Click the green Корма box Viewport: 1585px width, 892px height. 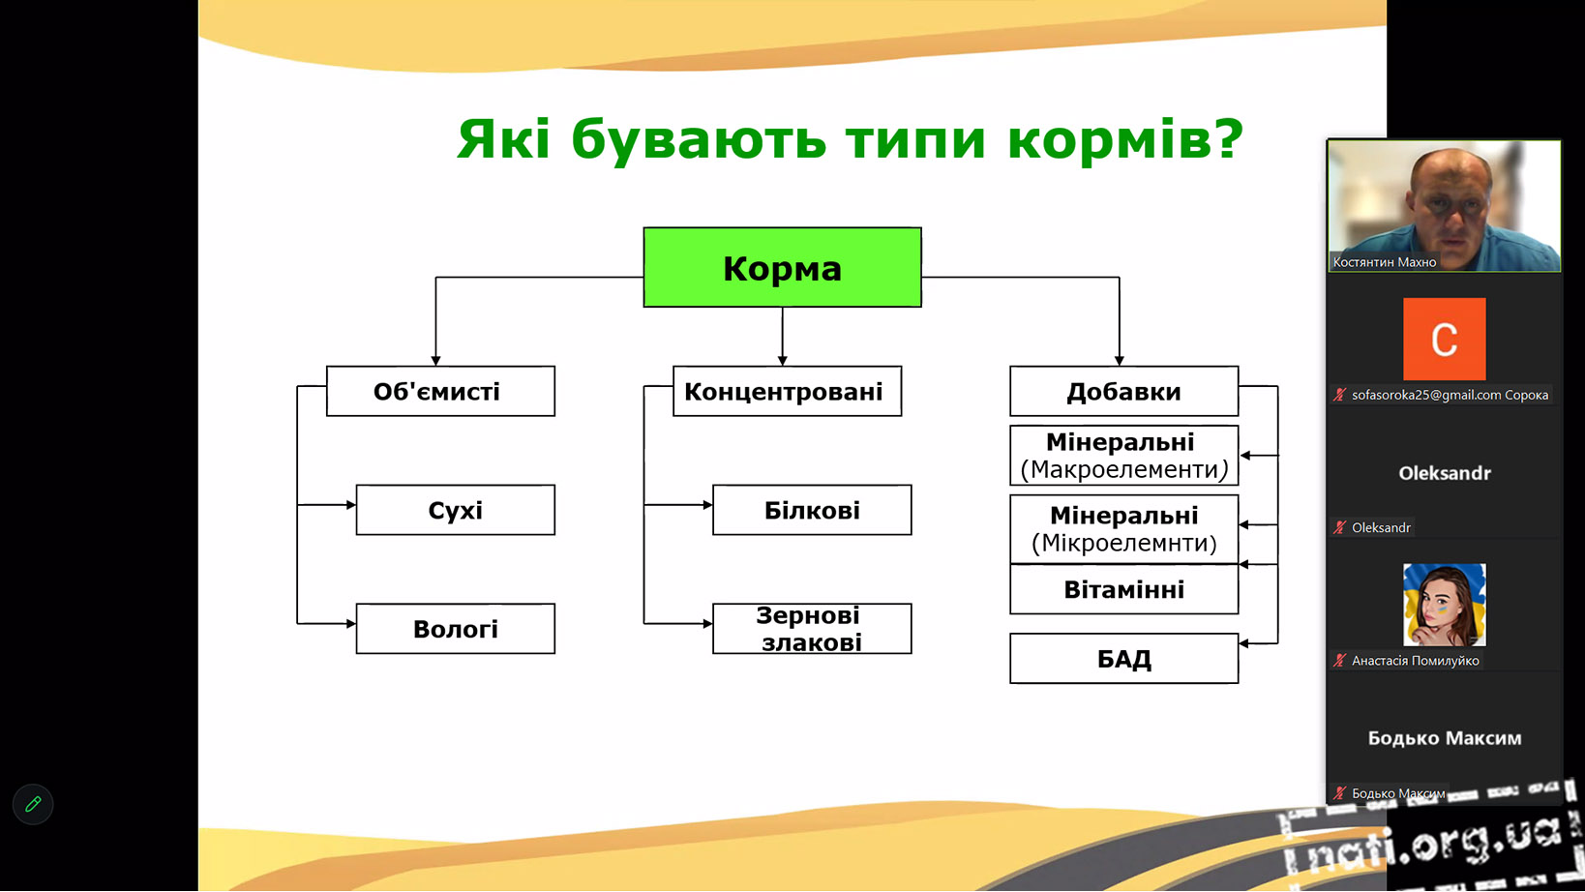782,267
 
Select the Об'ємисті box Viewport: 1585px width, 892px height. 440,391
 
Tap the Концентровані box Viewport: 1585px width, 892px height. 787,391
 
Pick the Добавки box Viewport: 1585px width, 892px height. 1123,391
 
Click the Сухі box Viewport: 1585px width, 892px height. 455,510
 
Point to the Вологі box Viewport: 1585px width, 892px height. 455,629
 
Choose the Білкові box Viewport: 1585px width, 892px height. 812,510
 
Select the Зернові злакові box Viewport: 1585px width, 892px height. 812,629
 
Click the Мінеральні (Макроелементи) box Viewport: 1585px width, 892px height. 1123,456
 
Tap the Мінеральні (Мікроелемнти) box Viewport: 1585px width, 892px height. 1123,529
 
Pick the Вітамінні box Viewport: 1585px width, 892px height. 1123,589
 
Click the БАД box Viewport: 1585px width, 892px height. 1123,659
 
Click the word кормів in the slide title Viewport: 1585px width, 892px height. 1125,139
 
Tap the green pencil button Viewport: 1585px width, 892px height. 33,804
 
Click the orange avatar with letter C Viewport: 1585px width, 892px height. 1444,339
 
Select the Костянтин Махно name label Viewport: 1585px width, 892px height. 1384,262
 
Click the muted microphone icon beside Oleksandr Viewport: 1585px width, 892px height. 1339,527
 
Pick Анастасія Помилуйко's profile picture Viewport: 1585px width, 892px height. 1444,605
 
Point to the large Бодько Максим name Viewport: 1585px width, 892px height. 1444,738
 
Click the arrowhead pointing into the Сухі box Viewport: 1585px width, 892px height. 351,505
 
